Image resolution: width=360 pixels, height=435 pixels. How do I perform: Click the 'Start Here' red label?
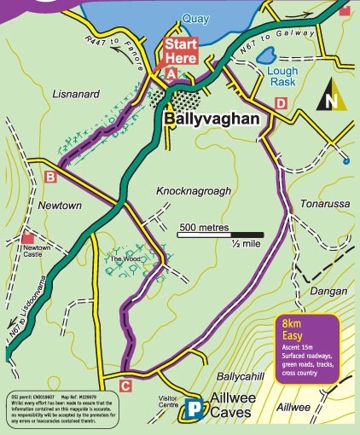click(181, 50)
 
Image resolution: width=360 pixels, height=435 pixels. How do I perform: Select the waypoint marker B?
click(50, 177)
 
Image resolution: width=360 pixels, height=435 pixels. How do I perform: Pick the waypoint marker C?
click(125, 386)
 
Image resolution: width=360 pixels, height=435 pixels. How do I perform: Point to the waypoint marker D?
click(281, 103)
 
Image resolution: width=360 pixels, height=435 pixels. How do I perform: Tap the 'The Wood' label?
click(120, 258)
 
